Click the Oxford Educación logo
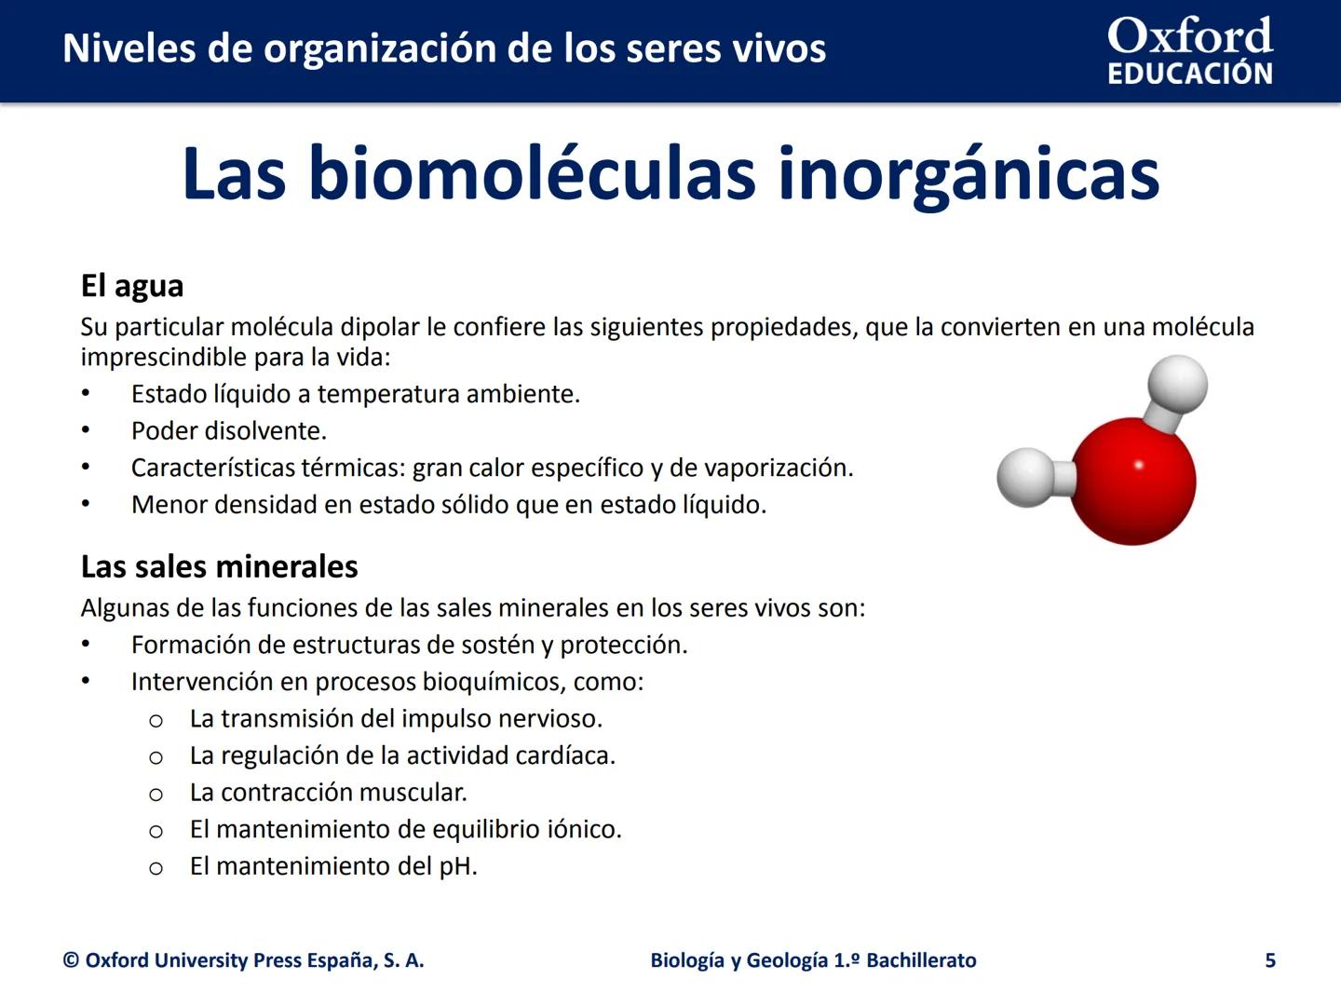click(1189, 50)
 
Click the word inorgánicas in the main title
click(968, 174)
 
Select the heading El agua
click(132, 286)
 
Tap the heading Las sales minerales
click(219, 566)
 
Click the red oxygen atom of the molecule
click(1133, 480)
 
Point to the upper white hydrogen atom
click(1177, 383)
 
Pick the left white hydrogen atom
click(1025, 477)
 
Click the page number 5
click(1270, 960)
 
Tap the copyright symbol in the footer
click(71, 960)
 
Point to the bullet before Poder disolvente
click(86, 430)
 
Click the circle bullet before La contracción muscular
click(156, 795)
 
